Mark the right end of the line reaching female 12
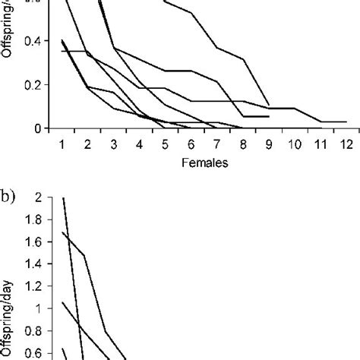(x=346, y=122)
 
